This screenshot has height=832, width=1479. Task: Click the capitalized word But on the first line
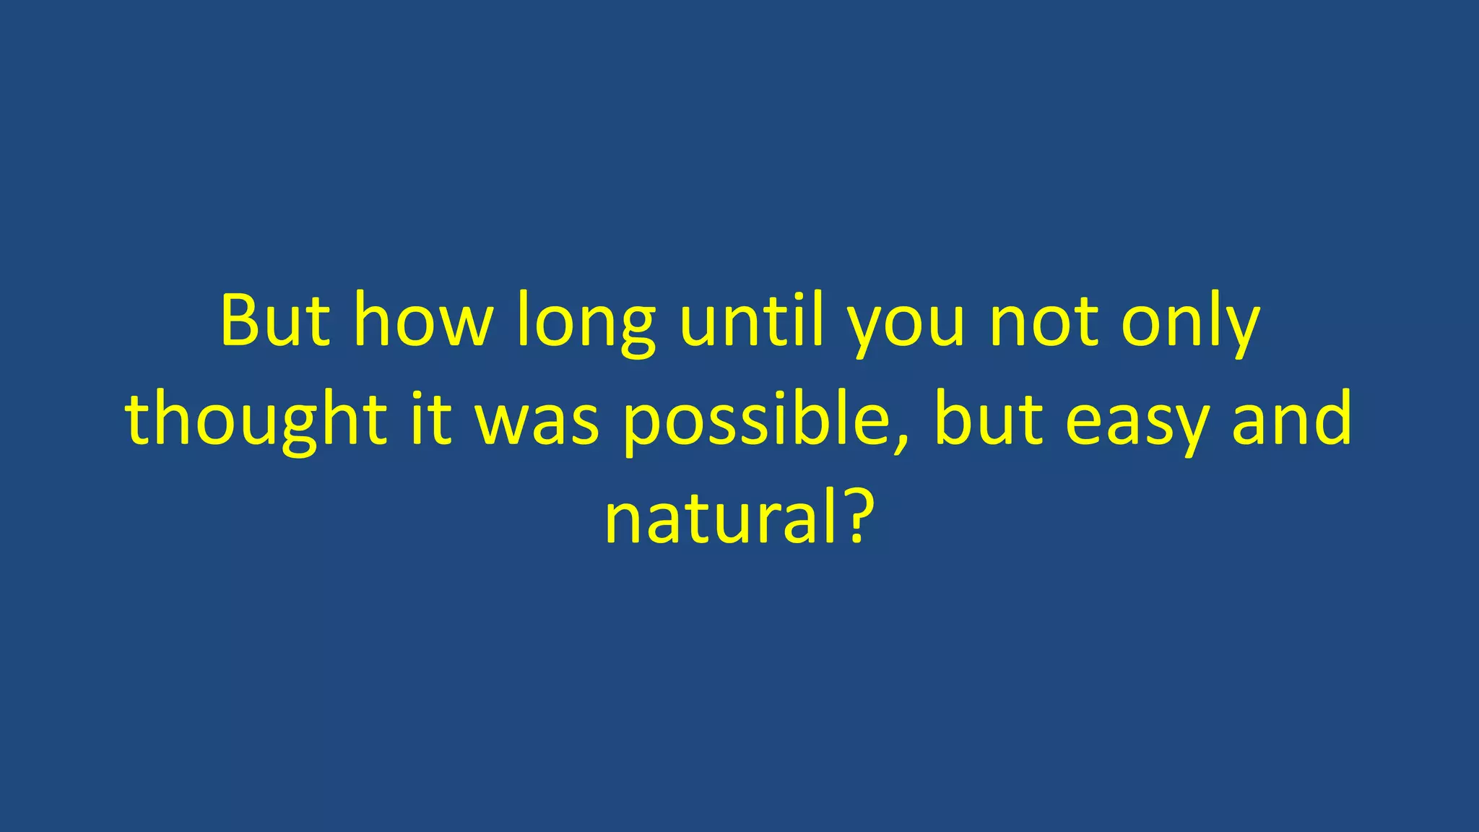click(275, 321)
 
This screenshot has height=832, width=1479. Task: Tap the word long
click(586, 323)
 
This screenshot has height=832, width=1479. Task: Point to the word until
click(751, 321)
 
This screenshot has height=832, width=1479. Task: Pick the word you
click(906, 325)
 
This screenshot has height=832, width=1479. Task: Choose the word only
click(1191, 323)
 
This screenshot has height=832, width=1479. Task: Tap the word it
click(431, 419)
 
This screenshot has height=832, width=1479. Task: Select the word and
click(1292, 419)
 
